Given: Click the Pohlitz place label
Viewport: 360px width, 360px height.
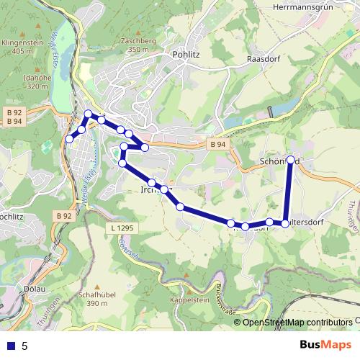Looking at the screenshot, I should (185, 54).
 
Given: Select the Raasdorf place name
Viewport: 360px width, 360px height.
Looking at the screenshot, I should (262, 58).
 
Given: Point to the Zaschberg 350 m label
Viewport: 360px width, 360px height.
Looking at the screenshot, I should (139, 45).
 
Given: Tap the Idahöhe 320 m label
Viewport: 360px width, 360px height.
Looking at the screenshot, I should (23, 81).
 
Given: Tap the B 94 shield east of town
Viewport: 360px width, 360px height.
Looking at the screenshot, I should (219, 145).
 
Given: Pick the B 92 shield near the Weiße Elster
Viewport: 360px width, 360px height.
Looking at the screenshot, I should (64, 215).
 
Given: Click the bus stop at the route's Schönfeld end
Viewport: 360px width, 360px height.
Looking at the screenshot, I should (290, 160).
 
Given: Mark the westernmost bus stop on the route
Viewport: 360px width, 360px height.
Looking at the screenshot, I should (70, 138).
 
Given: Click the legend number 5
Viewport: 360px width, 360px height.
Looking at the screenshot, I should (24, 346).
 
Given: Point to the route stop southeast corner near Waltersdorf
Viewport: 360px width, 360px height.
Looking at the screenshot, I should (285, 223).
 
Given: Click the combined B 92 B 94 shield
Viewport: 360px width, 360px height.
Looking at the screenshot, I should (13, 117).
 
